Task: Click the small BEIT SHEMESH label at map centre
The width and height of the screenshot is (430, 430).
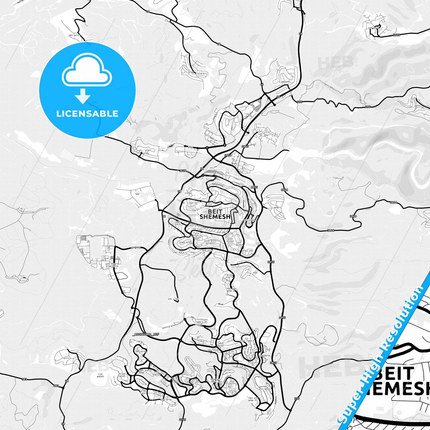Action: (x=215, y=214)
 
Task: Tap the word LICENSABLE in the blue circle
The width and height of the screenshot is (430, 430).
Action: (x=87, y=114)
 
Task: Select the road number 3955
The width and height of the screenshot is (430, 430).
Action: (x=396, y=35)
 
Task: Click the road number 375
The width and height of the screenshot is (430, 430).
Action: (x=297, y=398)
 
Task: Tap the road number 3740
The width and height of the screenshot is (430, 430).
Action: (x=183, y=420)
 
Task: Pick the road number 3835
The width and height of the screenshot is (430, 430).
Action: (x=183, y=171)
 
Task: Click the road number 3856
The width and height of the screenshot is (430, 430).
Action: (x=228, y=155)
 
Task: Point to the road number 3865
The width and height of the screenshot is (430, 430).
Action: (x=245, y=146)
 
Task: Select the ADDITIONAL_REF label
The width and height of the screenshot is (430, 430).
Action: (x=146, y=334)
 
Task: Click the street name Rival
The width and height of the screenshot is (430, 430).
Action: (x=221, y=304)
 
